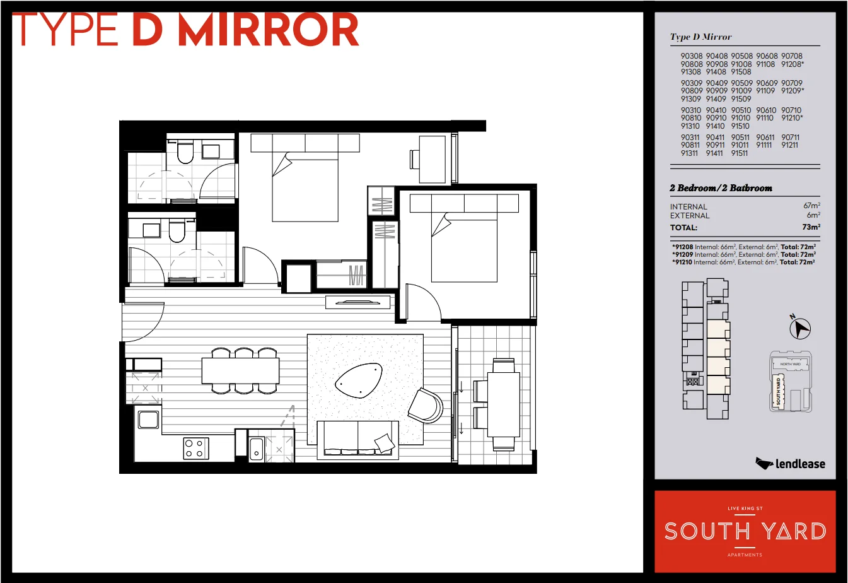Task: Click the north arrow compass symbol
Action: [800, 327]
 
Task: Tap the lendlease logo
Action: [790, 464]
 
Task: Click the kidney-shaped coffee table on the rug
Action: [359, 380]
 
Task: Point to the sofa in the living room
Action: [357, 439]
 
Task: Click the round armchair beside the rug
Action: [426, 405]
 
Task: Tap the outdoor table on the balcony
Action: [503, 404]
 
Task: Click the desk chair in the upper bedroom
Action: [414, 158]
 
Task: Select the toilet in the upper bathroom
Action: [185, 153]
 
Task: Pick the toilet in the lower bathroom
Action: [177, 232]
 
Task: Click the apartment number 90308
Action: [691, 56]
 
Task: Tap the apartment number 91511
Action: [740, 153]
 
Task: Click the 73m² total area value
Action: [811, 227]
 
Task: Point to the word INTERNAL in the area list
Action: [688, 207]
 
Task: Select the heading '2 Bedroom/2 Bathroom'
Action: [721, 188]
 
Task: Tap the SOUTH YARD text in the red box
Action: [745, 531]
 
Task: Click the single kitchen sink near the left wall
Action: [149, 420]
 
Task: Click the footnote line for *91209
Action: [744, 254]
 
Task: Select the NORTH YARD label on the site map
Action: [790, 364]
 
